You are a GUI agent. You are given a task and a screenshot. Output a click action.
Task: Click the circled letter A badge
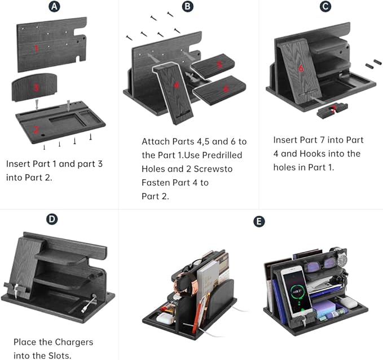click(54, 6)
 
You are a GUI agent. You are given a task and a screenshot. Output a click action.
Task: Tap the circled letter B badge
click(188, 6)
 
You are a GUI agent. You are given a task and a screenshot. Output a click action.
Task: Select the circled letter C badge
click(325, 6)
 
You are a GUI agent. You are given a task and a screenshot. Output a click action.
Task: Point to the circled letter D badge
click(52, 219)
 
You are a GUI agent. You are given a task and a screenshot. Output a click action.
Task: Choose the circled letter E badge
click(259, 221)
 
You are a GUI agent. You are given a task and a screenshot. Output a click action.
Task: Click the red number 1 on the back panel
click(37, 49)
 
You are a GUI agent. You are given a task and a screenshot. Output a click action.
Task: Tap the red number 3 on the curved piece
click(36, 87)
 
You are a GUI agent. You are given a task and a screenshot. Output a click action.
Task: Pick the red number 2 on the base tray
click(36, 130)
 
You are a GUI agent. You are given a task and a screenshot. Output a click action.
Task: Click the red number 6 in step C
click(301, 68)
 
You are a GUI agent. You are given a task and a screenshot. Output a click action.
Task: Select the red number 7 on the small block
click(333, 109)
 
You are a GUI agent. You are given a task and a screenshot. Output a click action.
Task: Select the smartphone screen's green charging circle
click(299, 291)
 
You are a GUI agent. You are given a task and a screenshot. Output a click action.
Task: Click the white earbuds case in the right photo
click(349, 303)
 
